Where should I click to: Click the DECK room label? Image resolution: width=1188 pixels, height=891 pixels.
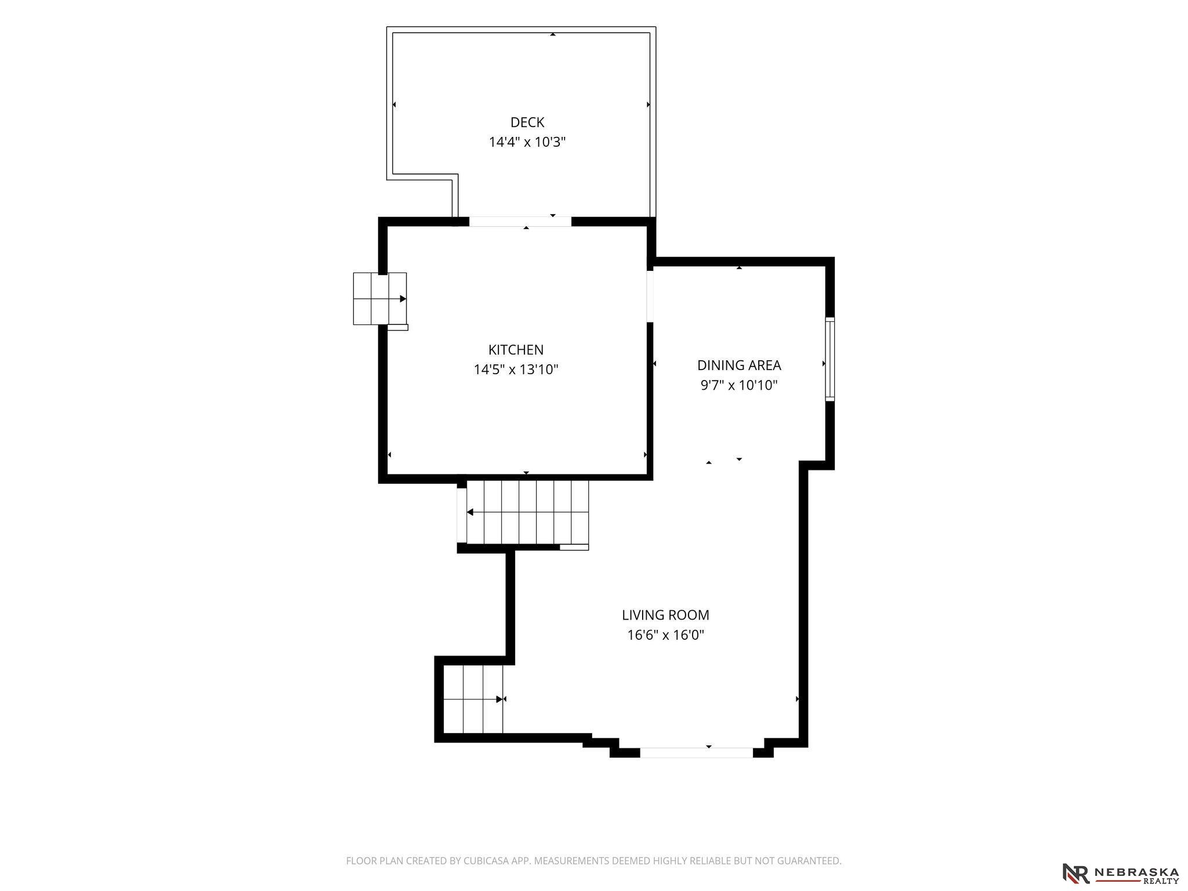point(527,122)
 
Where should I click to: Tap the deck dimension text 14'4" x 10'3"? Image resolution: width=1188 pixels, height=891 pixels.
point(527,142)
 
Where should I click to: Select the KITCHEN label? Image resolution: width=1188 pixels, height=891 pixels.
point(516,350)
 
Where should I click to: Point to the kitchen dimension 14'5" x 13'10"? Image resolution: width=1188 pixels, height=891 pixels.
point(516,370)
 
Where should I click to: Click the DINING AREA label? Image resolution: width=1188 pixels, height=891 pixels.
point(739,365)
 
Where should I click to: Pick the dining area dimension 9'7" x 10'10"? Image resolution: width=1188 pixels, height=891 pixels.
point(739,385)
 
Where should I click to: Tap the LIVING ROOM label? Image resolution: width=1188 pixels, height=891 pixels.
point(665,615)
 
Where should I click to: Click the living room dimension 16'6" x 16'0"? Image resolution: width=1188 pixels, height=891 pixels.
point(665,635)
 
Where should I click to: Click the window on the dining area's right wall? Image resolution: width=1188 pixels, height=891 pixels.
point(830,359)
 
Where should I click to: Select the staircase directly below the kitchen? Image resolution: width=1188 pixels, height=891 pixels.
point(527,512)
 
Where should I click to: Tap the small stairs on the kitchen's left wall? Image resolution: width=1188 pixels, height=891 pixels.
point(380,299)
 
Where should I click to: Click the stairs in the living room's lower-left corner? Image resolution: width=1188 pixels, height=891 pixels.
point(473,699)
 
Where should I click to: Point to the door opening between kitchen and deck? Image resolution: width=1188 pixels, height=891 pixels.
point(520,222)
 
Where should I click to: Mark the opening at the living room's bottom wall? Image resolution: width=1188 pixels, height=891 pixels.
point(696,753)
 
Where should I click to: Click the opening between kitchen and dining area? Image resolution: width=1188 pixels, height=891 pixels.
point(650,296)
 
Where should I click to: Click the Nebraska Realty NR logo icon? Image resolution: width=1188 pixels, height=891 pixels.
point(1076,874)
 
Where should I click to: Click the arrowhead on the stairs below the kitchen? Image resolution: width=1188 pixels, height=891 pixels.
point(470,512)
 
